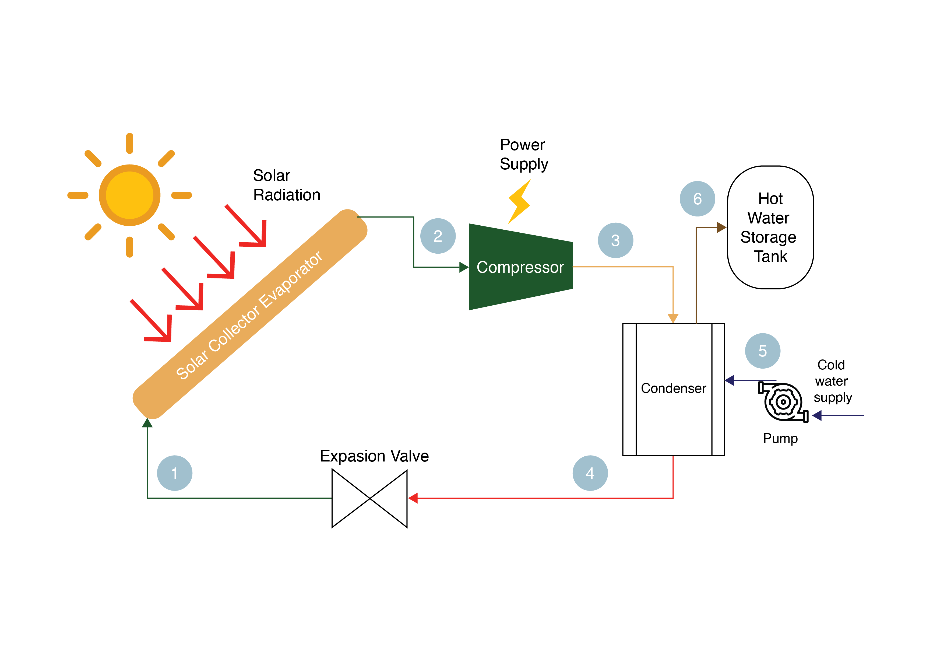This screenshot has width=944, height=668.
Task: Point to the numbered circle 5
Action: pos(762,351)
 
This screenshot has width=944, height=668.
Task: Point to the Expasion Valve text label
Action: pos(374,456)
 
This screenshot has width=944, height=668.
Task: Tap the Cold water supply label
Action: pos(832,381)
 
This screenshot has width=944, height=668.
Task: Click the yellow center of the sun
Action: pos(129,195)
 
